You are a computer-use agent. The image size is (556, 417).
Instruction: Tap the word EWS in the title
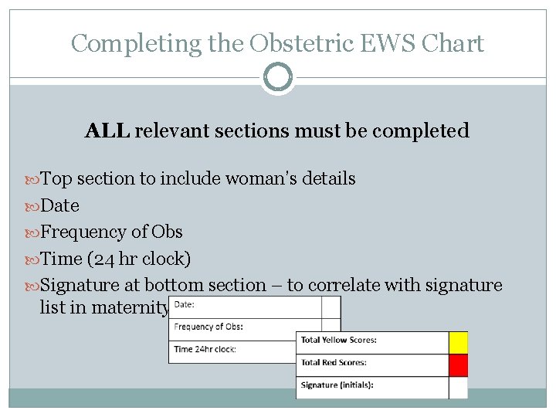(394, 43)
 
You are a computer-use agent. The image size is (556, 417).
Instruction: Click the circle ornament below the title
(278, 77)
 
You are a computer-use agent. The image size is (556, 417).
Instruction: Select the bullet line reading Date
(59, 205)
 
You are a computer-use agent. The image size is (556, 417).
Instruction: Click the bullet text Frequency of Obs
(111, 232)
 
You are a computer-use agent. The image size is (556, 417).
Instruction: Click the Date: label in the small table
(185, 305)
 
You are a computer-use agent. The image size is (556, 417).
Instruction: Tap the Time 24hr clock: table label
(205, 349)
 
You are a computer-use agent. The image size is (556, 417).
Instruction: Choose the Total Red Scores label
(334, 362)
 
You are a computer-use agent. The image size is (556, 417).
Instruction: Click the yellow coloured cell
(458, 341)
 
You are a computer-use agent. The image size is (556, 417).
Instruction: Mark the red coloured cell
(458, 363)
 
